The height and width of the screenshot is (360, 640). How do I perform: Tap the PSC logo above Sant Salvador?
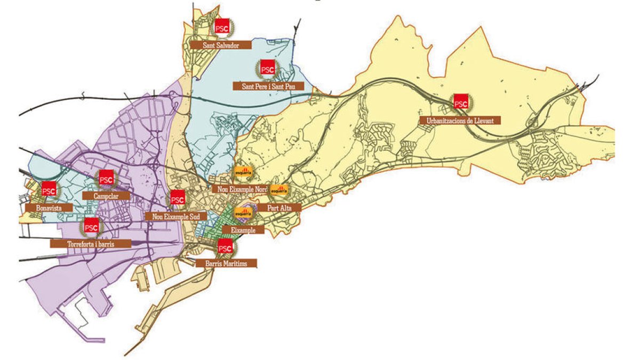(221, 28)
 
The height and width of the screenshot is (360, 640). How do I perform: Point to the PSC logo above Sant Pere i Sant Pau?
(267, 68)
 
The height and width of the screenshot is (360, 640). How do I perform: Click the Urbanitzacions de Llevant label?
(460, 121)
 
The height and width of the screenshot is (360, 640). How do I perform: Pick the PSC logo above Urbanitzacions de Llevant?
(460, 101)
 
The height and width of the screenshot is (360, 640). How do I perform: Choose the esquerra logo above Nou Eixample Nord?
(243, 173)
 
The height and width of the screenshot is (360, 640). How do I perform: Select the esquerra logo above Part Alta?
(279, 191)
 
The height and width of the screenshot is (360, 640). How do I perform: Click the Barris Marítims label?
(227, 263)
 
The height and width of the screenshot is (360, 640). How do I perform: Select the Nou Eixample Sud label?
(176, 216)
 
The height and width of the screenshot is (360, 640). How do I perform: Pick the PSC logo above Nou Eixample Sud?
(177, 199)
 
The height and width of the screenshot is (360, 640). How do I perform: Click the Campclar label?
(107, 196)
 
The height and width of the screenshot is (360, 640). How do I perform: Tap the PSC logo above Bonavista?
(49, 190)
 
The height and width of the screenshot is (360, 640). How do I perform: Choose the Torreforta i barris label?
(90, 243)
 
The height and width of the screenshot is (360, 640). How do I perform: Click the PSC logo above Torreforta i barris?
(91, 227)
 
